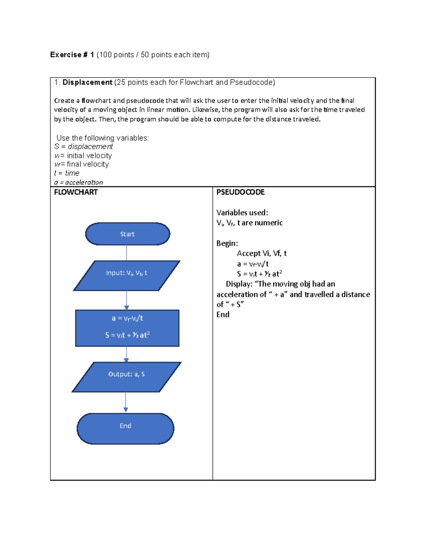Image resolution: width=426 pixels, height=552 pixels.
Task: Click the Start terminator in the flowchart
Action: [127, 234]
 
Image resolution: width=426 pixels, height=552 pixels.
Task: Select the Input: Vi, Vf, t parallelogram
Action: [126, 275]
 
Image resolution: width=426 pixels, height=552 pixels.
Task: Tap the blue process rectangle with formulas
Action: [127, 328]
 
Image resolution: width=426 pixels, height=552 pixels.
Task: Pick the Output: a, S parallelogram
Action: [126, 377]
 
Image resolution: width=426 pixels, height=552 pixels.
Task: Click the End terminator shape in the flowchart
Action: [125, 428]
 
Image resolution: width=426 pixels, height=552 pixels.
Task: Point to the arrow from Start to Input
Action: [127, 253]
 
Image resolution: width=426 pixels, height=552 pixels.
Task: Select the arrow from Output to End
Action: [126, 402]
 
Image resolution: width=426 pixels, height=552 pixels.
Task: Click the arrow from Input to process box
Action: [127, 300]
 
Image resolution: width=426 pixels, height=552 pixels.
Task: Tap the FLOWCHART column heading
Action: [76, 192]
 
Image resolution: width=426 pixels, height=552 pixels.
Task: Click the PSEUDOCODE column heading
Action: [240, 192]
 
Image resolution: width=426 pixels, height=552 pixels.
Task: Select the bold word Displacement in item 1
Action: [87, 82]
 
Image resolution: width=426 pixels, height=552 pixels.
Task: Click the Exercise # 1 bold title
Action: [72, 55]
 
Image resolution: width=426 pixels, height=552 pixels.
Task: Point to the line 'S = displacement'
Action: [83, 146]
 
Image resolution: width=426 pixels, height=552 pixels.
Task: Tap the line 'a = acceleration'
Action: [78, 182]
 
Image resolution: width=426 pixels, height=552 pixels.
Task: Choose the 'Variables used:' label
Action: [242, 213]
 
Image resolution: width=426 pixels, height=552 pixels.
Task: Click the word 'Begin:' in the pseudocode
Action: [227, 243]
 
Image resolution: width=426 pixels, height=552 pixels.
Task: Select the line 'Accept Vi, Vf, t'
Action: [262, 253]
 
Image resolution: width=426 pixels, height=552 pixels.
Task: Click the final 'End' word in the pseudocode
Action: [223, 315]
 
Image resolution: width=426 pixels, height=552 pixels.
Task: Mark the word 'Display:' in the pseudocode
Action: [239, 284]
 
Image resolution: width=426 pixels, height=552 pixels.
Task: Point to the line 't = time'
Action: [67, 173]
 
